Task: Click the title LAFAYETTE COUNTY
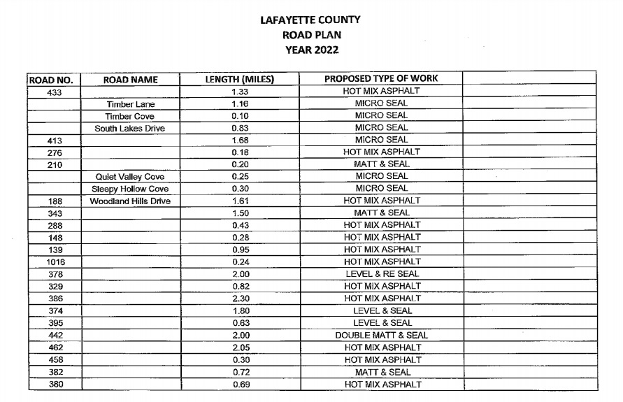tap(311, 20)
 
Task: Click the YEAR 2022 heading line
tap(311, 50)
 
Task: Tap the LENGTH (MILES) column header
tap(239, 80)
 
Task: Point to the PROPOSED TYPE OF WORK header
tap(381, 79)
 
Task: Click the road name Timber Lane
tap(131, 104)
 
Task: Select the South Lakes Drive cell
tap(131, 129)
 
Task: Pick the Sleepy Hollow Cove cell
tap(131, 189)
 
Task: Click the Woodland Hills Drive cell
tap(131, 201)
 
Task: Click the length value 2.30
tap(241, 299)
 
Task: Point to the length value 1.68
tap(241, 141)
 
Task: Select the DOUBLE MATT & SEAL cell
tap(381, 336)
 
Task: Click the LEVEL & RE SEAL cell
tap(381, 274)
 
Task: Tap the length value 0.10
tap(241, 116)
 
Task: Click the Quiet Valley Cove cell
tap(131, 177)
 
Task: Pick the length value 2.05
tap(241, 347)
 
